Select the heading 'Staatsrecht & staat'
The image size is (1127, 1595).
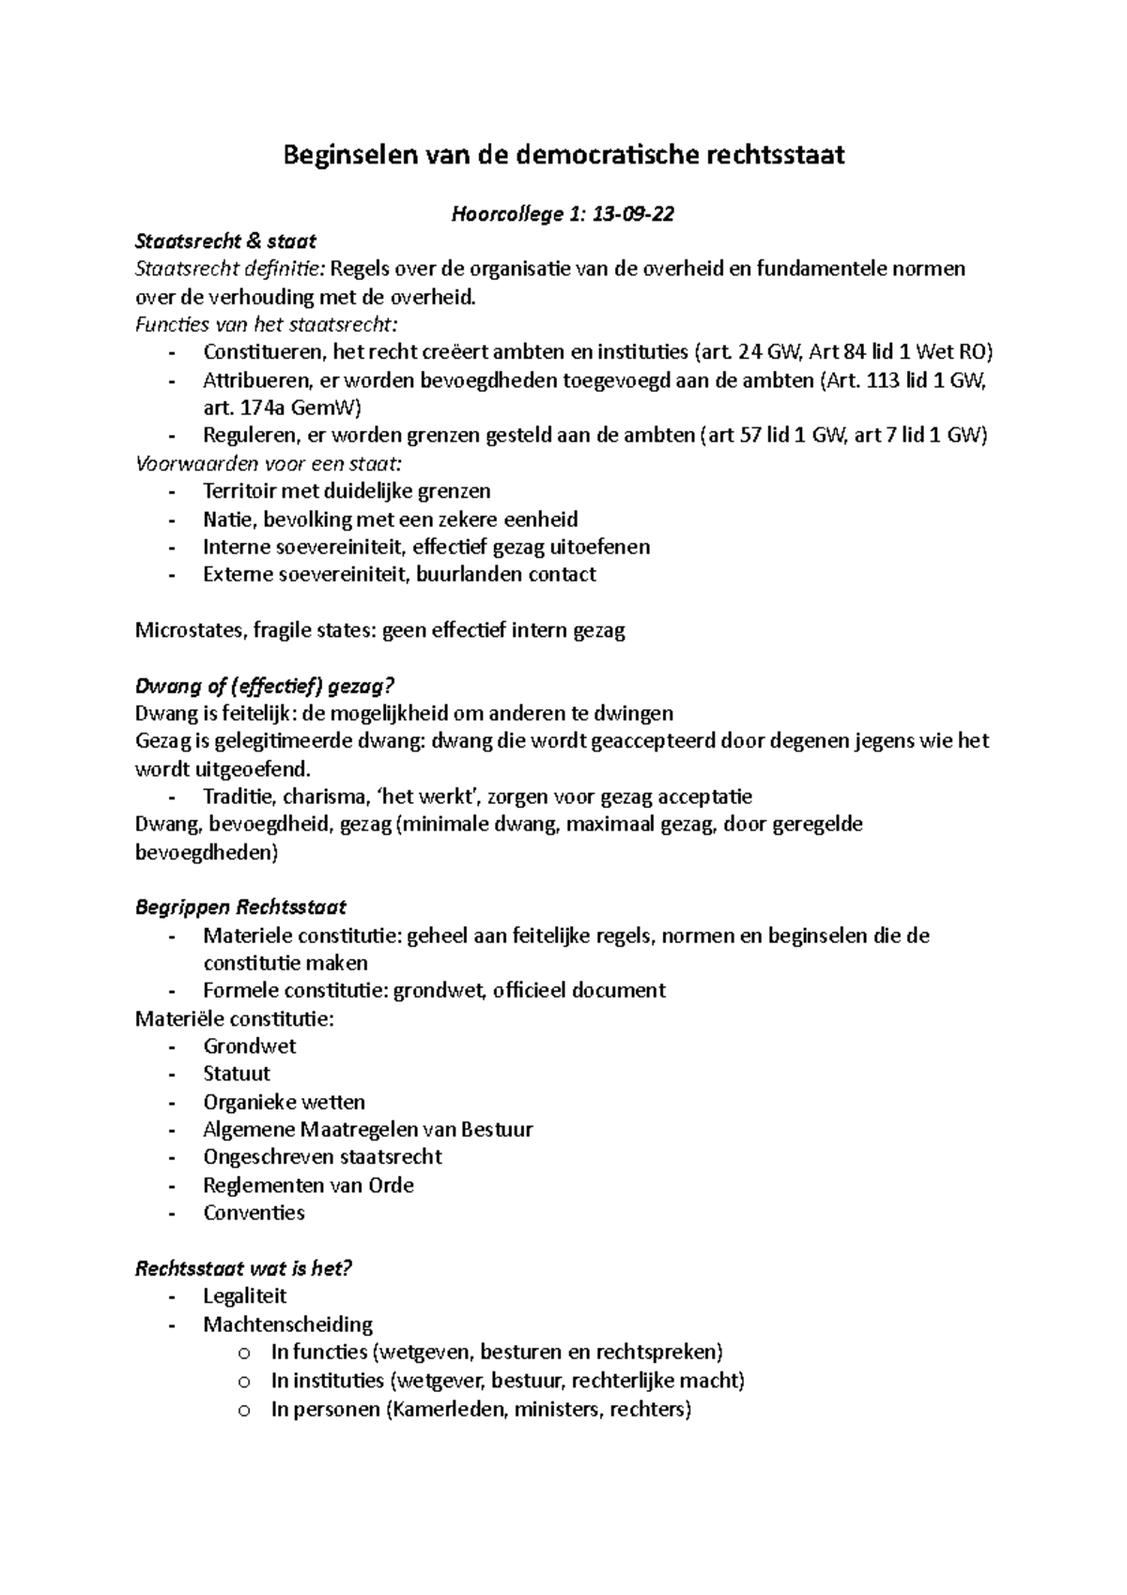pyautogui.click(x=225, y=241)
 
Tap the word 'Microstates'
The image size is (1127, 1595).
pyautogui.click(x=191, y=629)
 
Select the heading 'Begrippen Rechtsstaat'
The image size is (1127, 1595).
pyautogui.click(x=240, y=907)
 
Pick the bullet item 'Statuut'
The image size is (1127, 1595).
pyautogui.click(x=237, y=1074)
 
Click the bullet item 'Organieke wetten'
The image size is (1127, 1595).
pyautogui.click(x=284, y=1102)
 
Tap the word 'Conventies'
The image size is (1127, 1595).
pyautogui.click(x=254, y=1213)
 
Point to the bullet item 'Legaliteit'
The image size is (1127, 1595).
pyautogui.click(x=244, y=1296)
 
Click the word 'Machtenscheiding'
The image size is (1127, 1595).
pyautogui.click(x=287, y=1324)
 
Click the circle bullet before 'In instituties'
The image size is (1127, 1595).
pyautogui.click(x=244, y=1382)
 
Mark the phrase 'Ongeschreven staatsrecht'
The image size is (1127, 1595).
pyautogui.click(x=322, y=1157)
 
